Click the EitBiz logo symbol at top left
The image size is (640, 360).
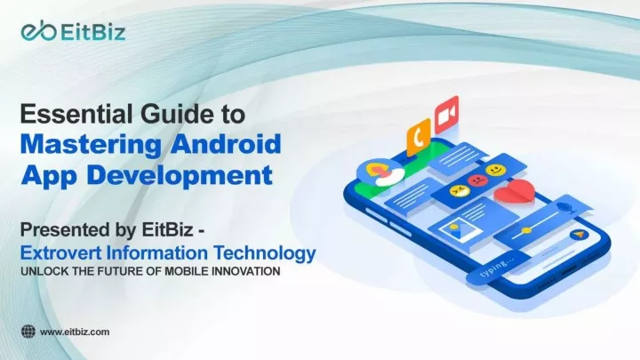click(38, 31)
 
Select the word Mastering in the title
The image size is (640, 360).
click(91, 145)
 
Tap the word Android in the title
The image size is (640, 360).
click(226, 144)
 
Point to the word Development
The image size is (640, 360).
click(180, 175)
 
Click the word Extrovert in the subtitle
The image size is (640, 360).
click(60, 253)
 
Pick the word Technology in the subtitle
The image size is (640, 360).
click(265, 254)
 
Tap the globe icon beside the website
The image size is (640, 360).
click(28, 332)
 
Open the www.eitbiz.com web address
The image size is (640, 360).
click(75, 332)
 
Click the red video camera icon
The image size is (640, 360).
click(446, 115)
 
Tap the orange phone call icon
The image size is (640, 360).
click(419, 137)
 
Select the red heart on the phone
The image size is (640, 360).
click(515, 191)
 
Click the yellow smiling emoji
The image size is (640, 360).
click(496, 170)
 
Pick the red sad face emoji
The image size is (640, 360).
click(478, 180)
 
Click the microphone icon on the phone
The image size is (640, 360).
click(566, 205)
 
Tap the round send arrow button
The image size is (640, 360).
click(580, 235)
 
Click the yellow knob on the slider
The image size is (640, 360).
click(527, 230)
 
